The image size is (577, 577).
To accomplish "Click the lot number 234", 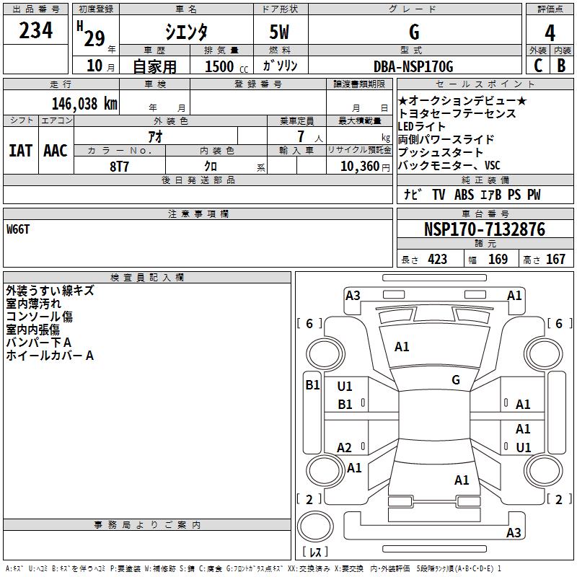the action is pos(36,32).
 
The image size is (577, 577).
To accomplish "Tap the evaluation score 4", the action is pos(550,33).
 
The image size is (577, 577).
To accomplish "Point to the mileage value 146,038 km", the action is pos(84,103).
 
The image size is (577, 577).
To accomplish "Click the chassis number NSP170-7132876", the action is pos(484,230).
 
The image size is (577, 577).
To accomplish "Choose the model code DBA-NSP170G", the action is pos(413,66).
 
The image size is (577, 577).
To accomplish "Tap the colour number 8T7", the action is pos(119,165).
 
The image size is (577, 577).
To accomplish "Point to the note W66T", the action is pos(19,229).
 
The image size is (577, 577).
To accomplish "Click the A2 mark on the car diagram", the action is pos(345,448).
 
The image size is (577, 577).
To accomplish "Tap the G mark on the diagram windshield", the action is pos(456,379).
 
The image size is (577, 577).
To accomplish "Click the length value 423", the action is pos(437,260).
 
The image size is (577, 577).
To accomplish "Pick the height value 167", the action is pos(555,260).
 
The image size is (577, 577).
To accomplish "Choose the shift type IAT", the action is pos(20,151).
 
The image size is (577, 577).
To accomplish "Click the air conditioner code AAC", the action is pos(55,151).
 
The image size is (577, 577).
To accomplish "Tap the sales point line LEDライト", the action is pos(422,127).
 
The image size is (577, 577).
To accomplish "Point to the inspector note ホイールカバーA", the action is pos(50,356).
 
